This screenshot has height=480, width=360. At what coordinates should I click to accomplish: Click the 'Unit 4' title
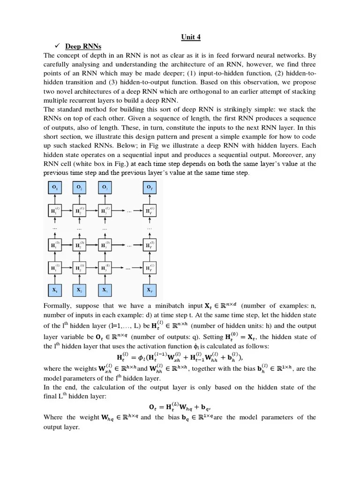(x=191, y=37)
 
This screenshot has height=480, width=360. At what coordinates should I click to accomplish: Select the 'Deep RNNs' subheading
(x=83, y=46)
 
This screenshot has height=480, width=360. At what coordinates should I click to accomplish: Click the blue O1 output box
(x=55, y=187)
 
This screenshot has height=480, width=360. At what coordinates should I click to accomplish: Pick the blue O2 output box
(x=80, y=187)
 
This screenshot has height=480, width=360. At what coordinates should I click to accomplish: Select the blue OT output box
(x=150, y=187)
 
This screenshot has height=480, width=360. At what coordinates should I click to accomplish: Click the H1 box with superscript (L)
(x=55, y=210)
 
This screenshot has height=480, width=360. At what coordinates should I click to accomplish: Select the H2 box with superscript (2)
(x=80, y=245)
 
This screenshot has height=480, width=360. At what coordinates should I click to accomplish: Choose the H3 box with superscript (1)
(x=105, y=268)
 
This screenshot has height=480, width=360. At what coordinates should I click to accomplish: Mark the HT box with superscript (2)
(x=150, y=245)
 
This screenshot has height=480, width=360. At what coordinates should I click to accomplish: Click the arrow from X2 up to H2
(x=80, y=279)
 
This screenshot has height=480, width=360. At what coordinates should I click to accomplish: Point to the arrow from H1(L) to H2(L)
(x=67, y=210)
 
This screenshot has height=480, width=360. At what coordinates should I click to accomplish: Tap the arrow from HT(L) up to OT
(x=150, y=199)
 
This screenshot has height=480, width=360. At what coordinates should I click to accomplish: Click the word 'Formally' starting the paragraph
(x=57, y=306)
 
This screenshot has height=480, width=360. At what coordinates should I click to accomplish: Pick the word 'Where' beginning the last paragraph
(x=52, y=417)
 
